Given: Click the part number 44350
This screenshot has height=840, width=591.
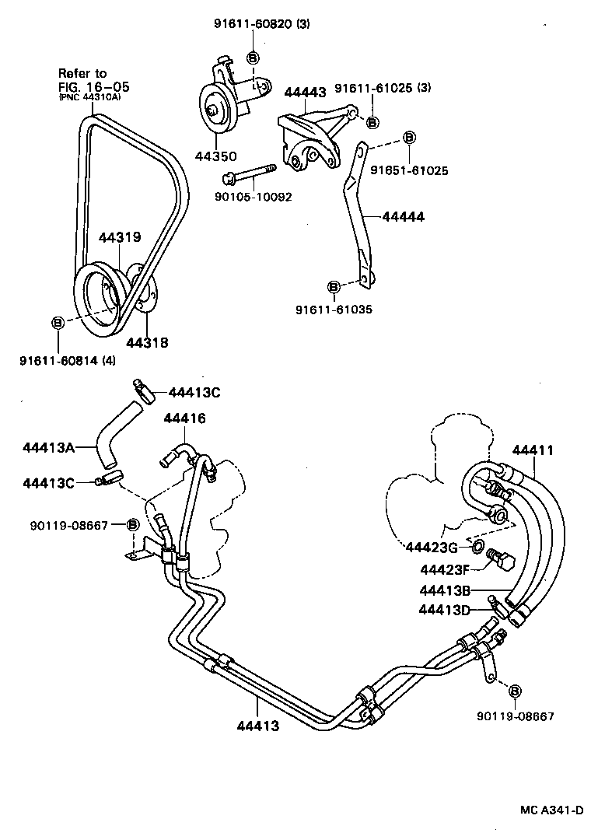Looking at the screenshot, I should (215, 156).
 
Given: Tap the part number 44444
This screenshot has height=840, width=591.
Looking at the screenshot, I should (403, 217).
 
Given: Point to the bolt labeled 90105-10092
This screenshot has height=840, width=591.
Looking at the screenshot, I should (248, 172).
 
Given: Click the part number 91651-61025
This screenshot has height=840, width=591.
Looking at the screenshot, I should (408, 170).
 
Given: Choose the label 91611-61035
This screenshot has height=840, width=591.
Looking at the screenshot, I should (334, 309).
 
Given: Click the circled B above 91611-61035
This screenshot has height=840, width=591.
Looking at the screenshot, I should (334, 287).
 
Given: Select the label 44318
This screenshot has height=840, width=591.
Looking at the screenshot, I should (147, 341).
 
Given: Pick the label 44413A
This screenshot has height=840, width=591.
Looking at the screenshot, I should (48, 446).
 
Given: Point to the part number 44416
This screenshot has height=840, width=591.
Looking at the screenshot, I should (184, 418).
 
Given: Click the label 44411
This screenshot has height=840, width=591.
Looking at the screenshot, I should (533, 450).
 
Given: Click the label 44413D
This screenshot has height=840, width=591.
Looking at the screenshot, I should (444, 609).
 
